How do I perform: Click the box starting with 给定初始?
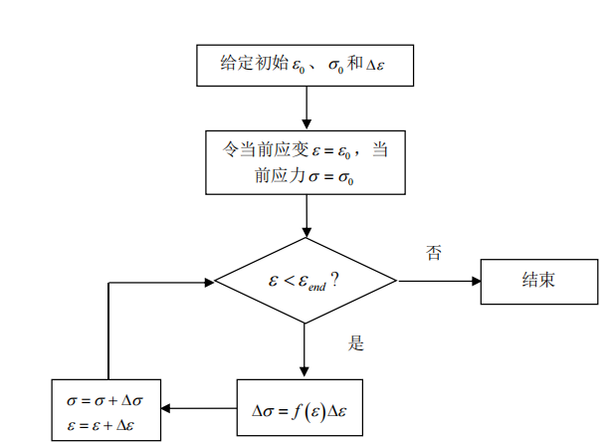click(305, 66)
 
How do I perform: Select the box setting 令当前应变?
click(305, 163)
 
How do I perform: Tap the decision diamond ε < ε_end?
click(305, 282)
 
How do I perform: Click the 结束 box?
click(538, 281)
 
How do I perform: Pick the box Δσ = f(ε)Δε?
click(299, 407)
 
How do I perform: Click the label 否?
click(433, 253)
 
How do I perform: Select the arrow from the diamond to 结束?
click(438, 282)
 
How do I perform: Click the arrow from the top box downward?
click(305, 107)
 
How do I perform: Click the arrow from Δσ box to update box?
click(199, 407)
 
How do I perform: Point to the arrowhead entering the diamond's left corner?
click(208, 282)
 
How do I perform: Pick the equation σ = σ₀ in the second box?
click(332, 177)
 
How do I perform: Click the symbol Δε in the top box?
click(375, 65)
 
